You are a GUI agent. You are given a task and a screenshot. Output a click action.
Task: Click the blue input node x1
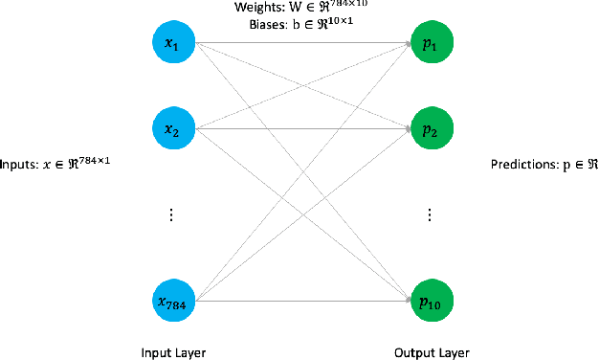click(171, 43)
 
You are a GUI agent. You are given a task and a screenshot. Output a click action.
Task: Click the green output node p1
click(429, 43)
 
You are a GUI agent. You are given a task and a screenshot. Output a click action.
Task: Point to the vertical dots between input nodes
click(171, 215)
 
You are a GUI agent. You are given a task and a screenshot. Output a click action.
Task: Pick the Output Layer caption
click(432, 351)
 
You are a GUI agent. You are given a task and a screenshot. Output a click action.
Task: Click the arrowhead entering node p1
click(405, 43)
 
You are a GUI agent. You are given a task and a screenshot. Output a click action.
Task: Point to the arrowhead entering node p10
click(405, 301)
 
